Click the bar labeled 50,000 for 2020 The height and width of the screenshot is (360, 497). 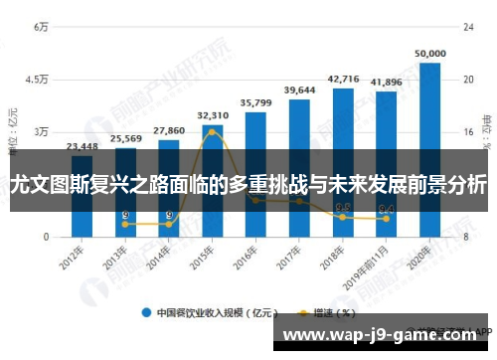point(430,149)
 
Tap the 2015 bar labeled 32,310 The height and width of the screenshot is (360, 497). point(213,180)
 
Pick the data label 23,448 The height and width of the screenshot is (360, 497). point(82,146)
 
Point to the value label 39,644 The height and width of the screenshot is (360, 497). point(299,90)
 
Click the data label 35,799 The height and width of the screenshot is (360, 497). point(256,102)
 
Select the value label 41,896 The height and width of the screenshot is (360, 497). point(387,83)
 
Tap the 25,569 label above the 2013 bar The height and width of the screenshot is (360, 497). point(125,138)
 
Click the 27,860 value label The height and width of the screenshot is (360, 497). point(169,130)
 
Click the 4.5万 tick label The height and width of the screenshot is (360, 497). point(36,79)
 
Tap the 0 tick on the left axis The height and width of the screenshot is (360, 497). point(46,237)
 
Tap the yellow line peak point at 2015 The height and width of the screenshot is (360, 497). point(213,131)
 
